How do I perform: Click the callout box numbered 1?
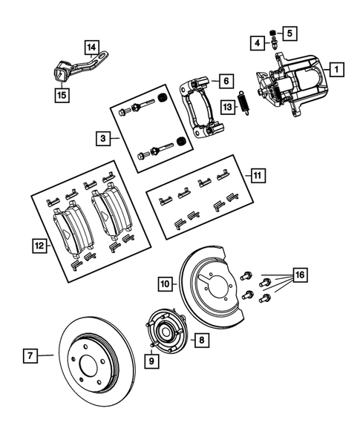(336, 70)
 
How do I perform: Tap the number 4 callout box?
(255, 44)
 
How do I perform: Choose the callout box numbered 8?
(201, 340)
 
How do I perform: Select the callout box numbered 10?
(165, 283)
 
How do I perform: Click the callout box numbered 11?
(257, 175)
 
